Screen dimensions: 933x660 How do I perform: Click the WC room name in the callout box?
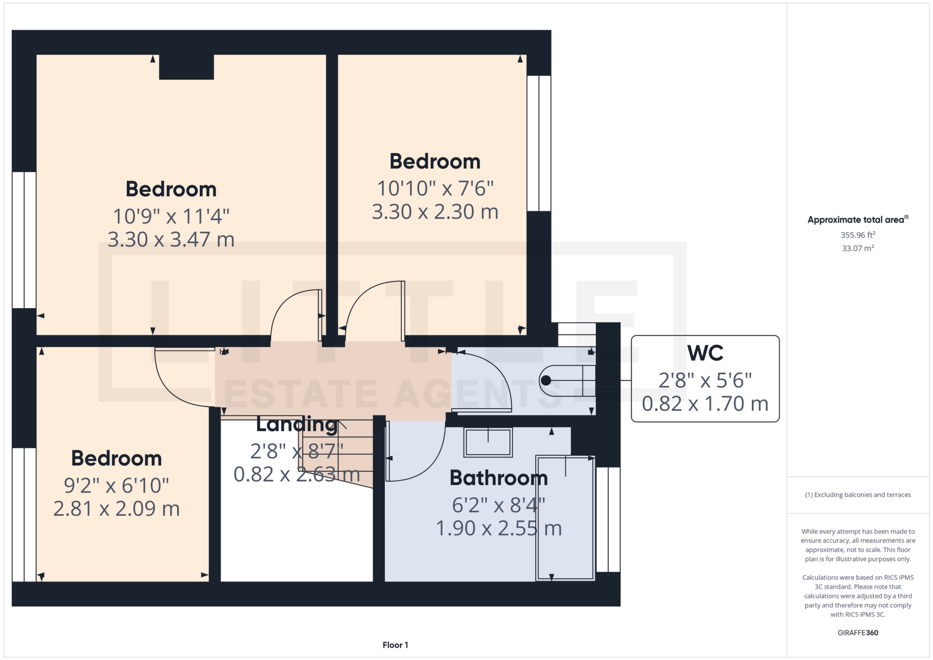click(705, 353)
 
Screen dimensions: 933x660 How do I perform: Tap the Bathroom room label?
click(499, 478)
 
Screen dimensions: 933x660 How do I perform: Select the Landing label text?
click(296, 424)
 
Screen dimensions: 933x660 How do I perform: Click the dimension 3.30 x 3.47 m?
click(171, 240)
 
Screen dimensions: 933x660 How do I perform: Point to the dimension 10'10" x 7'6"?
click(435, 189)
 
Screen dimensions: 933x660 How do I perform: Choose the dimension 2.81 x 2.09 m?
click(117, 509)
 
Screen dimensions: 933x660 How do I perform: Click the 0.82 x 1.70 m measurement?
click(705, 404)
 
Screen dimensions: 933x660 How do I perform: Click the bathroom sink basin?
click(488, 442)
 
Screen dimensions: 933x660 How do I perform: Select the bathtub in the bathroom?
click(565, 518)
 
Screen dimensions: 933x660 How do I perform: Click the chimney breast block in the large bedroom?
click(187, 67)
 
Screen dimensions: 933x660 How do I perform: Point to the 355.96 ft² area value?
click(858, 235)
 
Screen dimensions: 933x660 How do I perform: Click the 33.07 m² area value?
click(858, 248)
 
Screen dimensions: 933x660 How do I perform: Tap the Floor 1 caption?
click(396, 645)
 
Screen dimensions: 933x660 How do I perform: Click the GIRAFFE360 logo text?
click(858, 633)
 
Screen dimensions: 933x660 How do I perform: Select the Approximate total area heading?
click(858, 220)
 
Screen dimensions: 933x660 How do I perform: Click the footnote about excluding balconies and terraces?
click(858, 495)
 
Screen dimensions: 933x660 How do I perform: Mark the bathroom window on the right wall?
click(608, 520)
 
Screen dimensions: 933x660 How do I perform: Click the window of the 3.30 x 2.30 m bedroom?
click(539, 143)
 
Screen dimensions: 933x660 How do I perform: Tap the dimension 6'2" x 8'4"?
click(499, 505)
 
